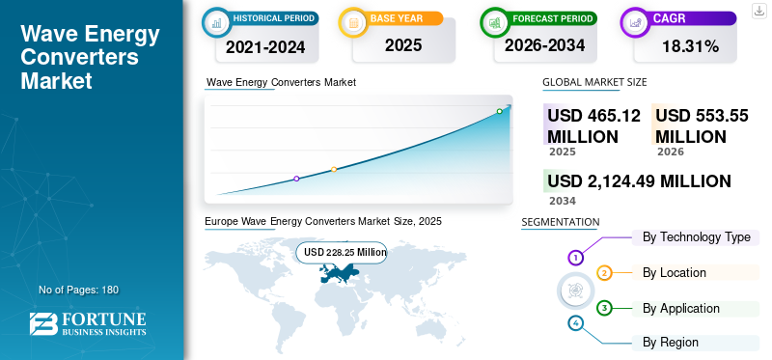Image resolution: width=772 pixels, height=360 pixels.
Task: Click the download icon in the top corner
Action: tap(758, 11)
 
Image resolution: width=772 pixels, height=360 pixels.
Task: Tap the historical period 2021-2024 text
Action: tap(260, 46)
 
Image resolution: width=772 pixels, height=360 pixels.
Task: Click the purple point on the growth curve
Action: tap(296, 179)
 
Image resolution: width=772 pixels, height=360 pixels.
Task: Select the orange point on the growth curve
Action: tap(334, 170)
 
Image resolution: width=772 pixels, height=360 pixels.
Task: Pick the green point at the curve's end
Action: tap(499, 111)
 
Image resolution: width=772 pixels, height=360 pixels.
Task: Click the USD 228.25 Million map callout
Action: tap(345, 252)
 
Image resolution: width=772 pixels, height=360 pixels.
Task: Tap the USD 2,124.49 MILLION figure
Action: tap(639, 181)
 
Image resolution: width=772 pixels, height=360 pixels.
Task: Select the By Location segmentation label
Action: tap(674, 273)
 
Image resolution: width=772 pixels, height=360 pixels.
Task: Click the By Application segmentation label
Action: tap(681, 309)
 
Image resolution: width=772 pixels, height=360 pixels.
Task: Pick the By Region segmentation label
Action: tap(670, 343)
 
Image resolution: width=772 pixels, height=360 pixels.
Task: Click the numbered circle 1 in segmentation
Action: tap(575, 258)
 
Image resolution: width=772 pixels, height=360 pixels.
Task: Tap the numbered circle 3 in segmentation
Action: tap(604, 308)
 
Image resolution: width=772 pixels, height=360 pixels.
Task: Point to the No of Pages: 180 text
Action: tap(78, 290)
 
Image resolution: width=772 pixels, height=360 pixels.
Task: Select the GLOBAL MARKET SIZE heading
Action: tap(594, 83)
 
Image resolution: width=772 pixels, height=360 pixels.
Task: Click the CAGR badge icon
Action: tap(636, 20)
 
